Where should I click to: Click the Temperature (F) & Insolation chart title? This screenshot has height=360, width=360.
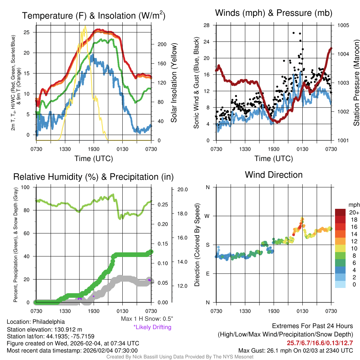pyautogui.click(x=94, y=16)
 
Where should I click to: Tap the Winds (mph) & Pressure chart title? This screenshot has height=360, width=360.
pyautogui.click(x=274, y=13)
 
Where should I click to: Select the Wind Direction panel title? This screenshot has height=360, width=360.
pyautogui.click(x=274, y=175)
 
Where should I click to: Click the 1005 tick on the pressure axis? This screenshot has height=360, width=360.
pyautogui.click(x=343, y=25)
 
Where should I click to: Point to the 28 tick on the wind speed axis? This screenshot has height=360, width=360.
pyautogui.click(x=206, y=25)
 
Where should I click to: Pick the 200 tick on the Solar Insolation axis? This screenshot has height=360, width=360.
pyautogui.click(x=162, y=45)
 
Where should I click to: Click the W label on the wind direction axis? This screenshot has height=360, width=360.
pyautogui.click(x=207, y=216)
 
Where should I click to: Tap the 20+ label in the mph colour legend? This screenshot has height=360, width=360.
pyautogui.click(x=354, y=213)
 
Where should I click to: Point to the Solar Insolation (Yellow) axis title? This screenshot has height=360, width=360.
pyautogui.click(x=174, y=83)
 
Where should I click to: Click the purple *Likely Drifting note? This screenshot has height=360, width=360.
pyautogui.click(x=152, y=327)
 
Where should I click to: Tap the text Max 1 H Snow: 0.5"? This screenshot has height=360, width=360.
pyautogui.click(x=147, y=319)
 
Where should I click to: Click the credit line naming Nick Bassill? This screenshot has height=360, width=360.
pyautogui.click(x=180, y=357)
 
